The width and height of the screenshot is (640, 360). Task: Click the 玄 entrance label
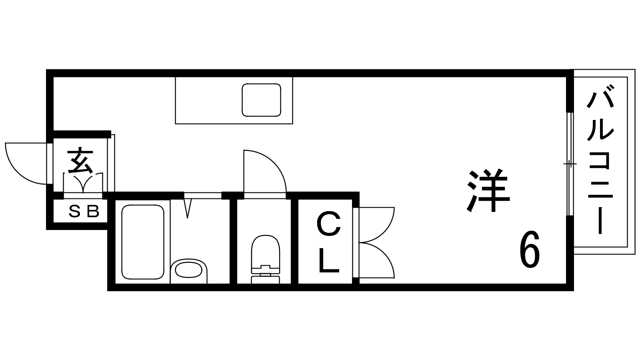[80, 160]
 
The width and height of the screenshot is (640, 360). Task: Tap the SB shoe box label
[84, 212]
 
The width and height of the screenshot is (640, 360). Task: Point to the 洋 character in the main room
[488, 190]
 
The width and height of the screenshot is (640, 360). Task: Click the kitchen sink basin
[262, 100]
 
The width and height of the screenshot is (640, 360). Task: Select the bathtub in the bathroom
[143, 242]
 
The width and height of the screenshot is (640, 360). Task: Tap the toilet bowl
[266, 252]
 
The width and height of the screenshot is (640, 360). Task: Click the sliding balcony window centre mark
[570, 164]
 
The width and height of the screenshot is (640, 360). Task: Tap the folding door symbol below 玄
[83, 183]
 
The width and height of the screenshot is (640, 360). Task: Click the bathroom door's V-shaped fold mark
[188, 209]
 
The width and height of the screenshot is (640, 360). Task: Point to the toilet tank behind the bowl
[266, 276]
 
